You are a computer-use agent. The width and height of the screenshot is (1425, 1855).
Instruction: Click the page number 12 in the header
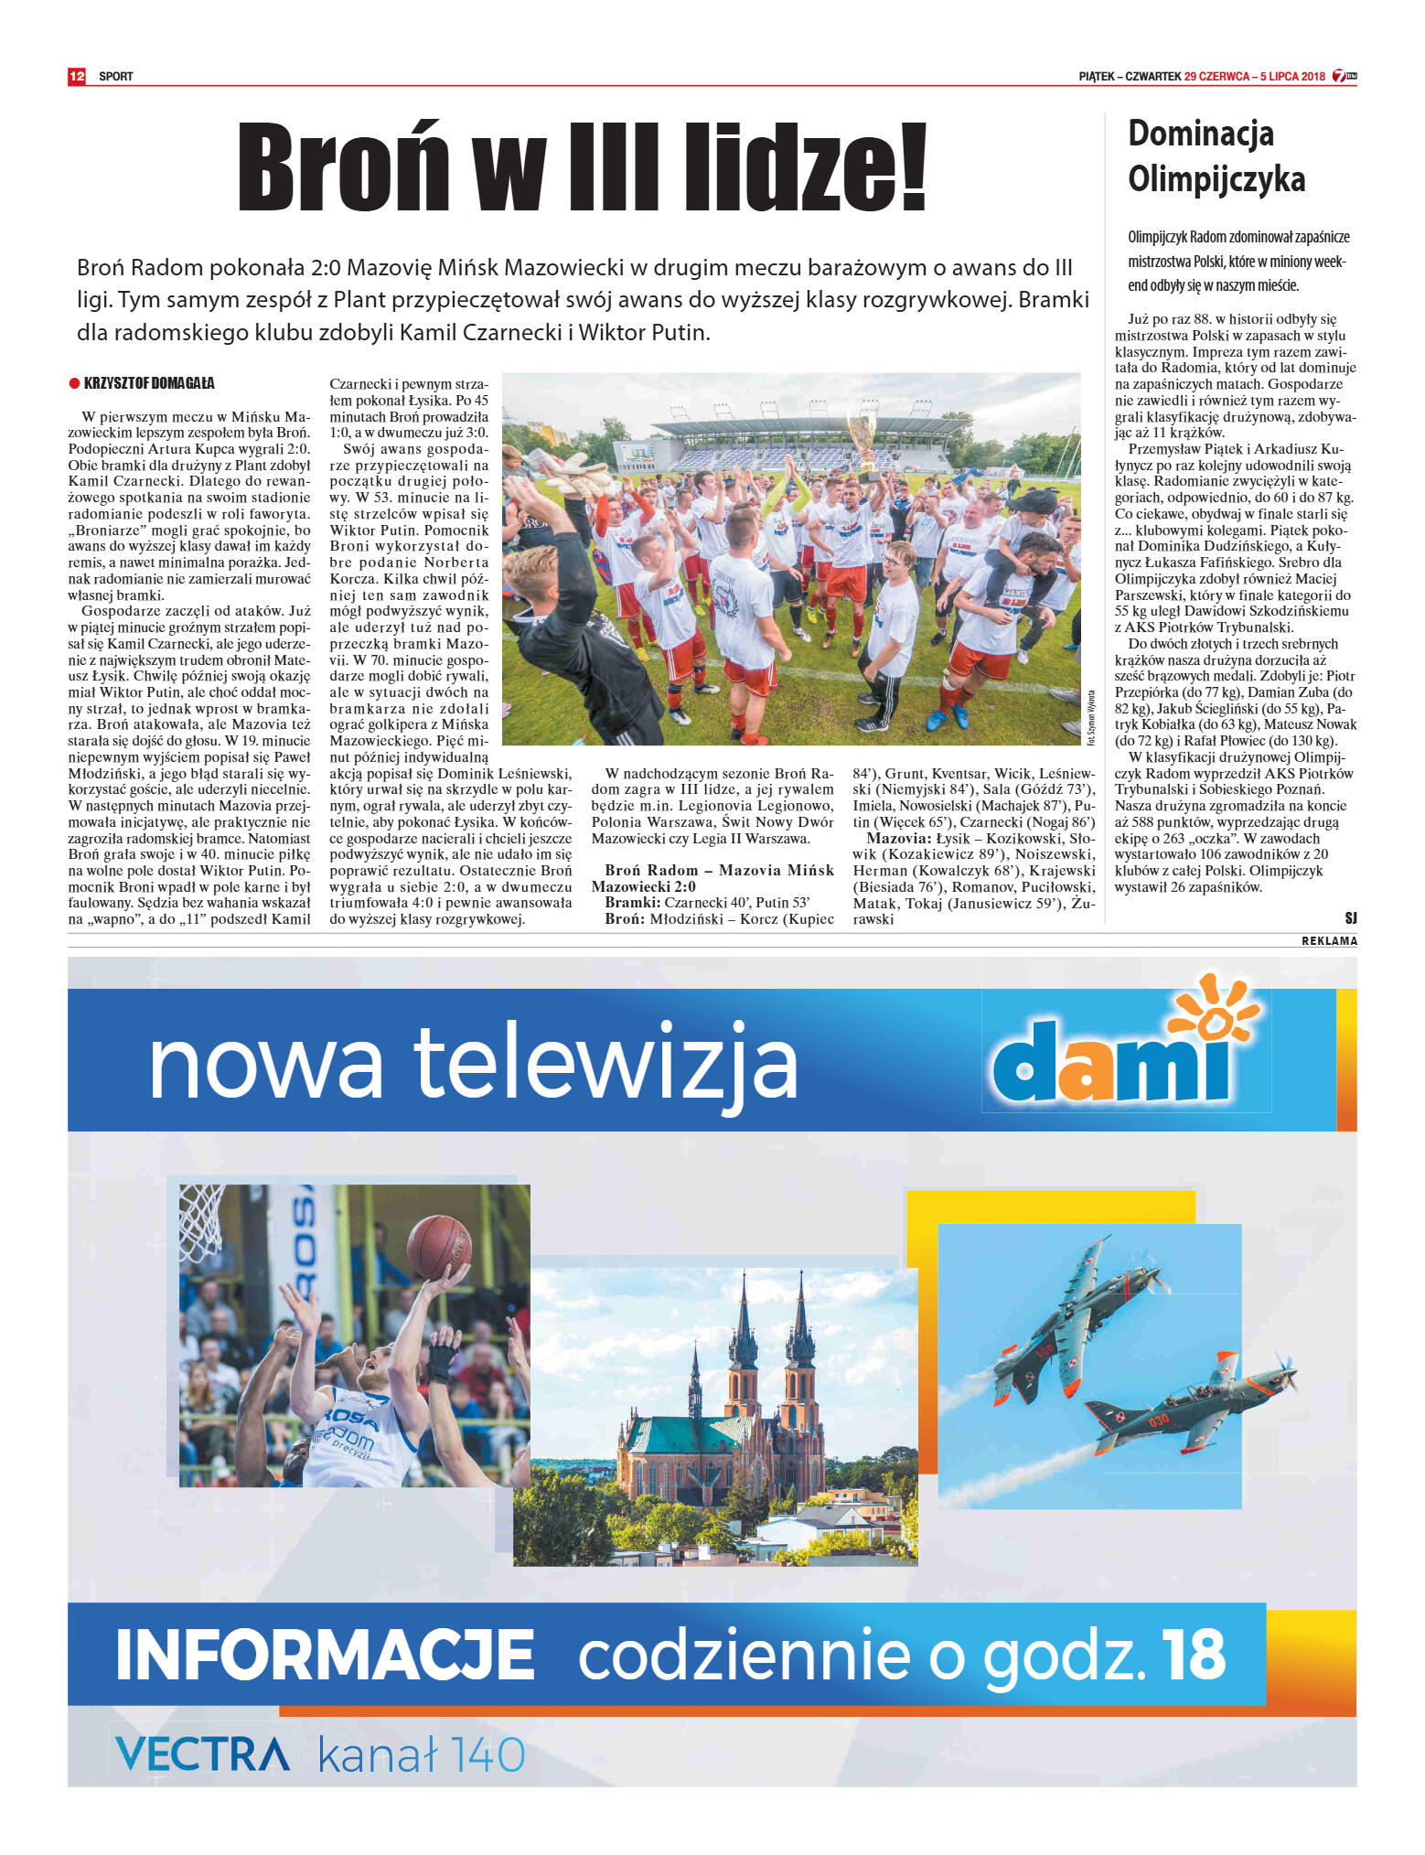coord(76,76)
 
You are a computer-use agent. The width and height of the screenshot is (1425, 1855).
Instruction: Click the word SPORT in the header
coord(116,77)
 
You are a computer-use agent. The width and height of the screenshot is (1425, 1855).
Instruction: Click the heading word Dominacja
coord(1200,134)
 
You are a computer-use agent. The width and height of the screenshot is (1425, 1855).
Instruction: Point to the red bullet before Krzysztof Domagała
coord(74,383)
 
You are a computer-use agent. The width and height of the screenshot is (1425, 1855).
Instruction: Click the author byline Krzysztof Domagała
coord(149,383)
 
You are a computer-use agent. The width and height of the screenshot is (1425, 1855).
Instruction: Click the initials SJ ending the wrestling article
coord(1350,917)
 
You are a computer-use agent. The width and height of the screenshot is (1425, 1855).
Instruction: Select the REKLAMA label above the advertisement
coord(1329,941)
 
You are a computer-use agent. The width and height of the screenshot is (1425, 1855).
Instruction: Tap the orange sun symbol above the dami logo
coord(1216,1011)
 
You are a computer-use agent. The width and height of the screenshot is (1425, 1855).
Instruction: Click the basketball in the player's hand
coord(439,1247)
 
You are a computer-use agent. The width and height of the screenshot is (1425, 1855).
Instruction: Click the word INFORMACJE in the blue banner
coord(325,1654)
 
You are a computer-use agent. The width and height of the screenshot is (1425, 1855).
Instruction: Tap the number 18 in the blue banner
coord(1193,1654)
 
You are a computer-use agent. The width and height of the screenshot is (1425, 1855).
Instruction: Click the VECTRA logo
coord(202,1754)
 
